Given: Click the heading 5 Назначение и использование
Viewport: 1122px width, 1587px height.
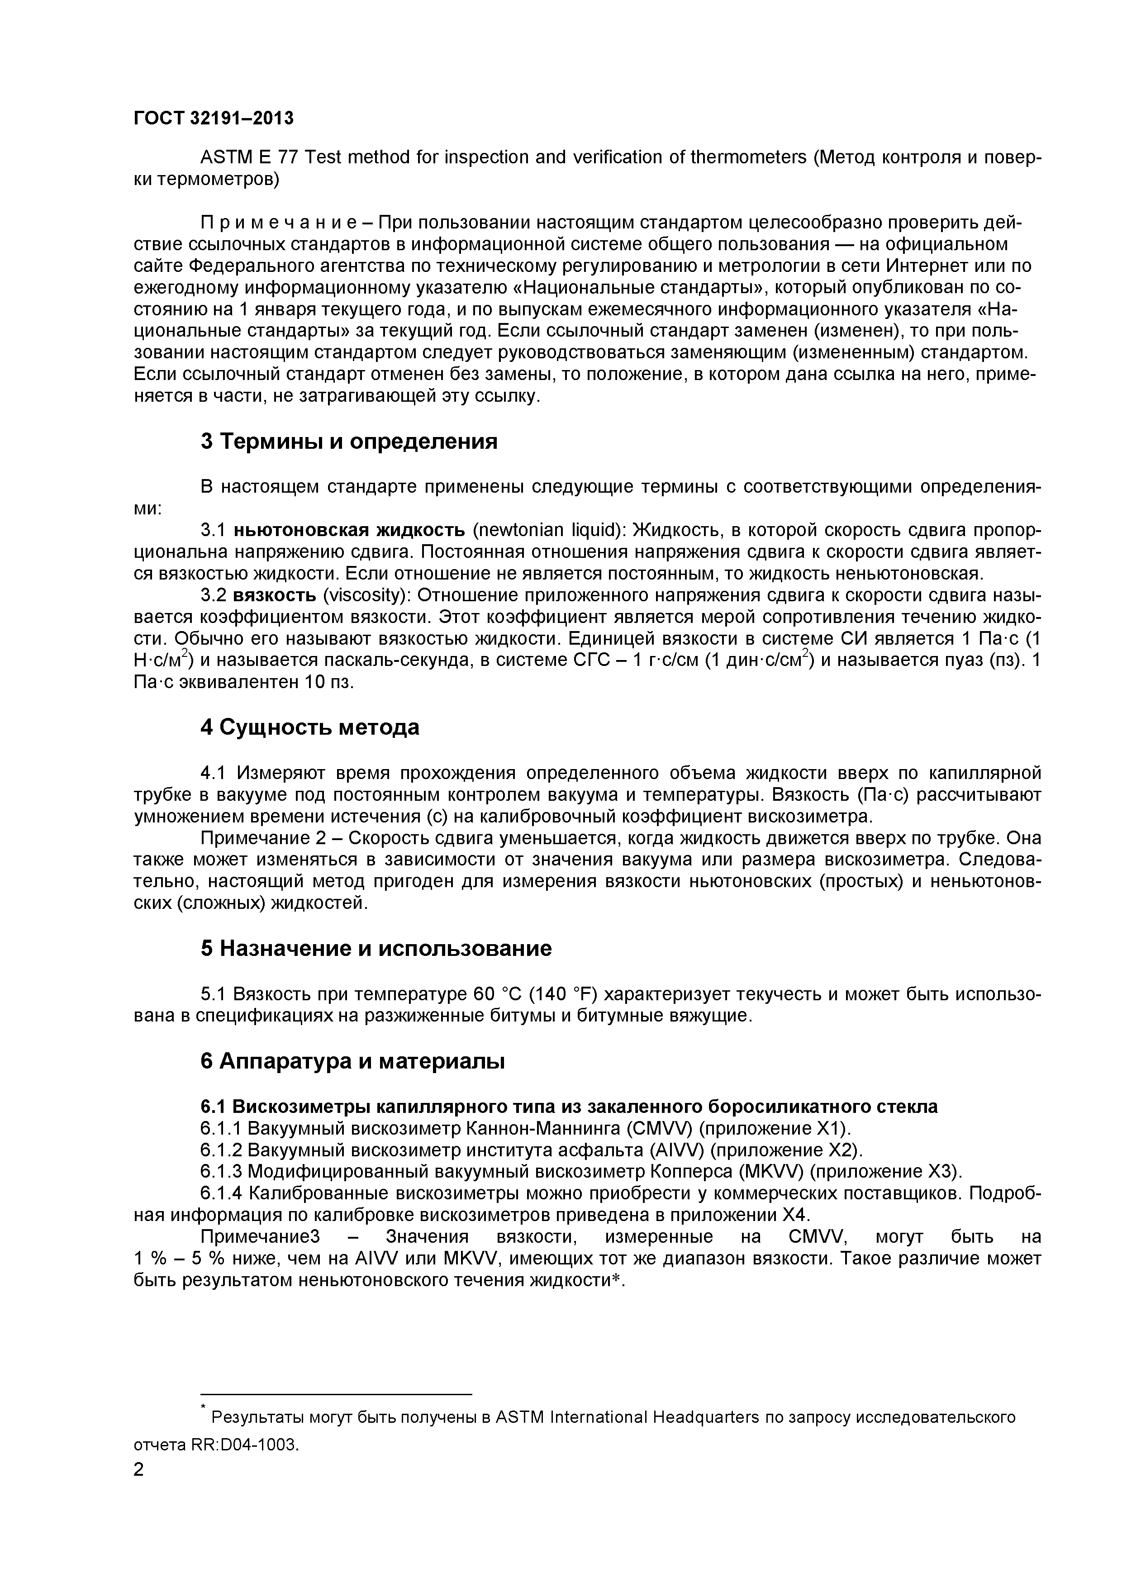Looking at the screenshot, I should tap(376, 948).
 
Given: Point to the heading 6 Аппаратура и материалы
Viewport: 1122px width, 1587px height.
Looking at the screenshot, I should tap(352, 1061).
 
